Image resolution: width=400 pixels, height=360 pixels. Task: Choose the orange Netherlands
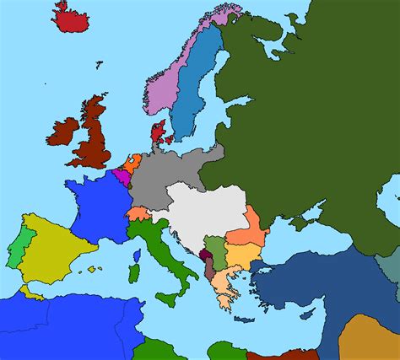click(x=132, y=162)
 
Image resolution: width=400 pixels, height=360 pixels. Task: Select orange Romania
click(x=251, y=226)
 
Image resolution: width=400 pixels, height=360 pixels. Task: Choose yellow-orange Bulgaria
click(x=244, y=255)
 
